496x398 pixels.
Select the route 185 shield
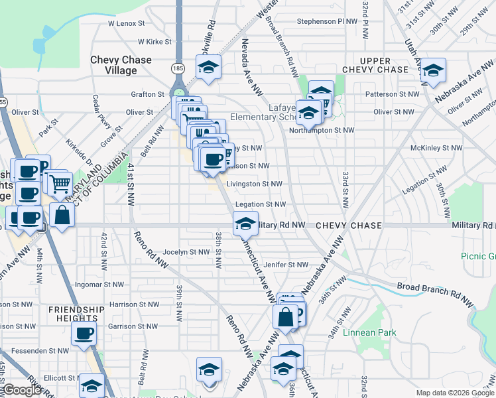(x=178, y=68)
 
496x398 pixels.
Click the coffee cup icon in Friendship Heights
(x=84, y=333)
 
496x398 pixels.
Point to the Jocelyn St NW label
(x=186, y=252)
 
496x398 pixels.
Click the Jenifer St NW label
(x=286, y=265)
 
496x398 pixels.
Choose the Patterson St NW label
(x=397, y=94)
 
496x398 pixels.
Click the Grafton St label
(x=147, y=95)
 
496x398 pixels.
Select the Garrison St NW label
(x=133, y=326)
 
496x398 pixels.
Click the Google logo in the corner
(x=23, y=390)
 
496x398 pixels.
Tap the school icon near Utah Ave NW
(x=433, y=70)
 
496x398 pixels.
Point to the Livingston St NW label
(x=254, y=184)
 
